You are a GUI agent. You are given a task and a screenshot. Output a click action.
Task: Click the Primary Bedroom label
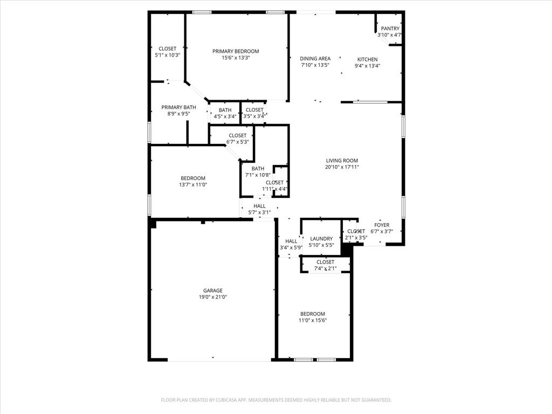tap(236, 52)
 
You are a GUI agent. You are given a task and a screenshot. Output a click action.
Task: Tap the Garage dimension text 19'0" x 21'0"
tap(212, 297)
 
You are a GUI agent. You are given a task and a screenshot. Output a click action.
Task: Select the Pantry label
tap(390, 29)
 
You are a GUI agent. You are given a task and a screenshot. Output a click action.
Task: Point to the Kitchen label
tap(367, 59)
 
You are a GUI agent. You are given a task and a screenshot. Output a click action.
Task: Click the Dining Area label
tap(315, 59)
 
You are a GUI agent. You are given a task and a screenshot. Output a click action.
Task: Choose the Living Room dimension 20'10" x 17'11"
tap(342, 167)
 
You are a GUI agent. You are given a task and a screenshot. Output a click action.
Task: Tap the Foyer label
tap(382, 225)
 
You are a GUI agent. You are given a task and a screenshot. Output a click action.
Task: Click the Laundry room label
tap(321, 239)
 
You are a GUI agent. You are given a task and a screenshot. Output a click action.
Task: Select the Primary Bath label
tap(178, 107)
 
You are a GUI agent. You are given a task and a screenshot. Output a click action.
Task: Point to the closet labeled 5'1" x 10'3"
tap(167, 49)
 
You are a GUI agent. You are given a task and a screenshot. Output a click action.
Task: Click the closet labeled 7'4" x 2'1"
tap(325, 262)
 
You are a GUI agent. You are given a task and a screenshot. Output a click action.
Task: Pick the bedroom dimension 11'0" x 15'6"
tap(313, 320)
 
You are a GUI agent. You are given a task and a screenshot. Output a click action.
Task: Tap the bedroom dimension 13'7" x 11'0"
tap(193, 184)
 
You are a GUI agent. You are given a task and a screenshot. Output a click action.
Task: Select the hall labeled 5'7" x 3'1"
tap(259, 206)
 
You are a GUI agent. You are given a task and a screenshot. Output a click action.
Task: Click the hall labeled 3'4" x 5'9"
tap(291, 241)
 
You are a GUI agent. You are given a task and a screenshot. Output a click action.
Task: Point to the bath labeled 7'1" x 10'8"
tap(258, 169)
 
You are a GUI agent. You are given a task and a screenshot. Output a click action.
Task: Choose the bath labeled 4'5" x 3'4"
tap(225, 110)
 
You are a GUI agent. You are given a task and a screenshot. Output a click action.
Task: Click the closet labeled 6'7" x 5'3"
tap(237, 136)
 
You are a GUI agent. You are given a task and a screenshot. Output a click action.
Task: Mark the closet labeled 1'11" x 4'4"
tap(274, 183)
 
